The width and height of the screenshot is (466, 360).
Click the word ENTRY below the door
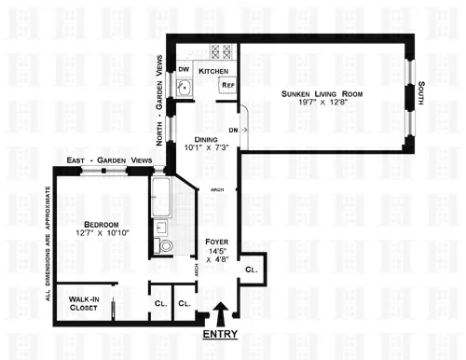(x=218, y=334)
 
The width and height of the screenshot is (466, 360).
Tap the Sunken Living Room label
(x=322, y=95)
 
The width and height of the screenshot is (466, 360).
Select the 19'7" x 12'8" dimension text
(x=322, y=106)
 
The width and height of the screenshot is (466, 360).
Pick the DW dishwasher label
(x=184, y=70)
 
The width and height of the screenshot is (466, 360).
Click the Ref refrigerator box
(x=226, y=86)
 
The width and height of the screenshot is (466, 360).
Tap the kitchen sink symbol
(x=185, y=90)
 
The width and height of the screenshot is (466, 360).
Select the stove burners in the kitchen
(x=221, y=53)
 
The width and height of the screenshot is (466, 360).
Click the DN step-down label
(x=234, y=131)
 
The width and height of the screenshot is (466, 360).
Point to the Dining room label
(x=207, y=137)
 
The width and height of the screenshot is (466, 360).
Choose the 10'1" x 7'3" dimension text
(x=207, y=148)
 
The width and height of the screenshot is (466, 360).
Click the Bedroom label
(x=99, y=224)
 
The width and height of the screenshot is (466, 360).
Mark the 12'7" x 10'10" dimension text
(x=99, y=234)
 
